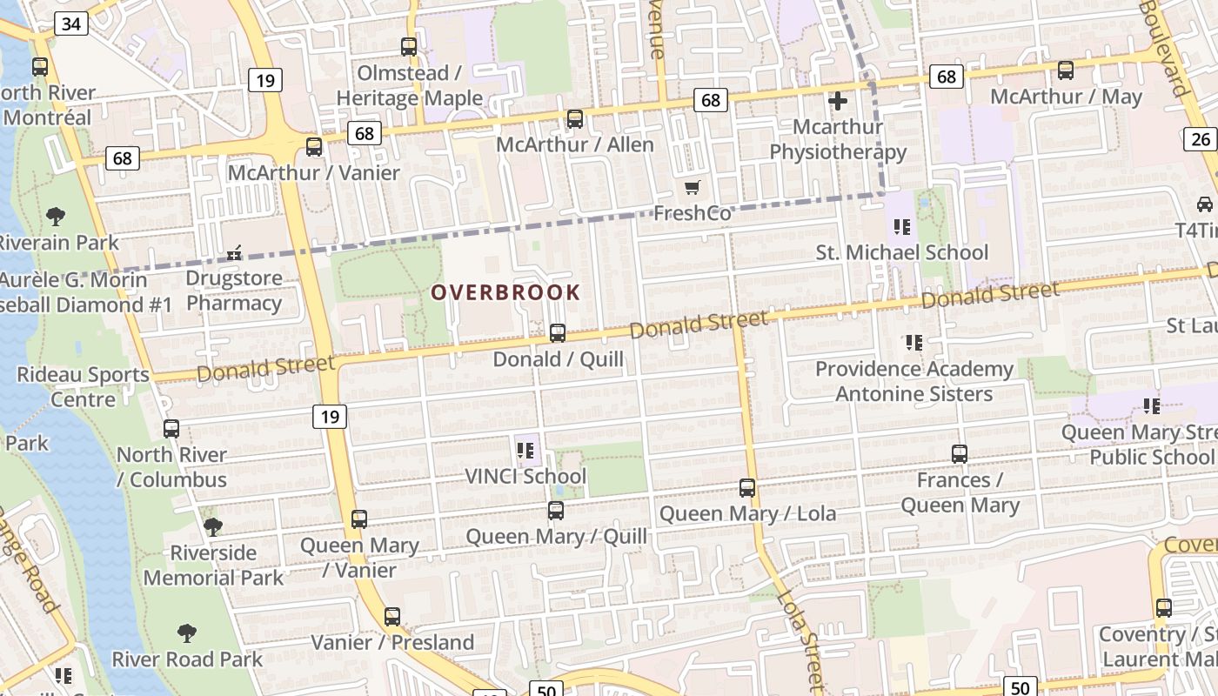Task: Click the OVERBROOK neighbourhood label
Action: point(505,292)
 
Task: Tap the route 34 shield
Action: point(70,23)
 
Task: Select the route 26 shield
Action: point(1200,138)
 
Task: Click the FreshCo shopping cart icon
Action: point(693,188)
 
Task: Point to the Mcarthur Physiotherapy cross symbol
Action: point(838,102)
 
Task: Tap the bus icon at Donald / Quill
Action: point(558,333)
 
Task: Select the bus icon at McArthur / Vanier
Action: point(314,147)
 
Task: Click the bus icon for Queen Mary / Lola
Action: point(747,488)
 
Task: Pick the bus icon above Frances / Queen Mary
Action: point(960,454)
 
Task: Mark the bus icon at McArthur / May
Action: point(1066,70)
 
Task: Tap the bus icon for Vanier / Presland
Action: point(392,617)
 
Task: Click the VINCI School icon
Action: point(525,451)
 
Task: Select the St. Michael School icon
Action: point(902,227)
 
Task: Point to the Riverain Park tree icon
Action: point(56,216)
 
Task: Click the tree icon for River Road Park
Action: point(186,633)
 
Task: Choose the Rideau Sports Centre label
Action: point(83,387)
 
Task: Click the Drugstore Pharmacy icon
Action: point(233,254)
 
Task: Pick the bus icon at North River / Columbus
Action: point(171,429)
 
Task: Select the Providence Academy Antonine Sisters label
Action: point(913,381)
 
